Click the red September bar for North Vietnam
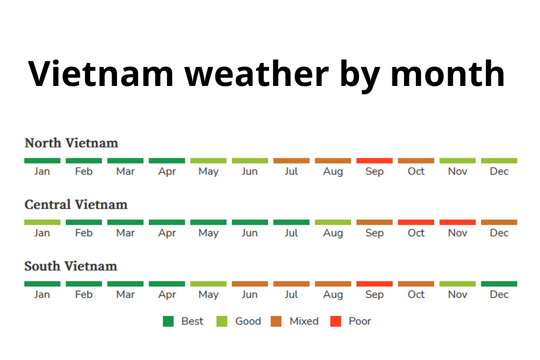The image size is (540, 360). (x=374, y=161)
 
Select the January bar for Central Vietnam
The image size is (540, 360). (x=42, y=222)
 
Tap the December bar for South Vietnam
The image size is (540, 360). (x=499, y=284)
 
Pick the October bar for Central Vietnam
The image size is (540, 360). (x=416, y=222)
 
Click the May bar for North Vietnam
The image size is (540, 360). (x=208, y=161)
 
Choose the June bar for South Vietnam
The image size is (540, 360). (x=250, y=284)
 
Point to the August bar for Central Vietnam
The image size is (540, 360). (x=333, y=222)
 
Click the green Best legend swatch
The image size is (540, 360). (x=168, y=321)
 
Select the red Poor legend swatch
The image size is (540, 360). (x=336, y=321)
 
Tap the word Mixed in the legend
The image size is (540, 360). (x=304, y=321)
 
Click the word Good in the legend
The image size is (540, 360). (x=248, y=321)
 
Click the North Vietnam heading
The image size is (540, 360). (x=71, y=143)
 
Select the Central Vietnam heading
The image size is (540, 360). (x=76, y=205)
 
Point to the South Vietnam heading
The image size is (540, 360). (x=71, y=266)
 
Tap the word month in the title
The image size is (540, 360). (x=447, y=73)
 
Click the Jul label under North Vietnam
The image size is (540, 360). (x=291, y=171)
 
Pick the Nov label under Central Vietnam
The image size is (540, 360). (x=458, y=233)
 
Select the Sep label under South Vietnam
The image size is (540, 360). (x=374, y=295)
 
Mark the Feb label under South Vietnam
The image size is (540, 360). (x=84, y=295)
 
